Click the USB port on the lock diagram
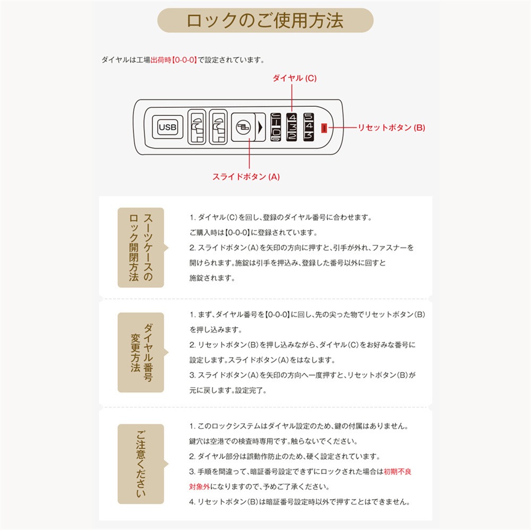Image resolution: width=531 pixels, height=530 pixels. click(168, 127)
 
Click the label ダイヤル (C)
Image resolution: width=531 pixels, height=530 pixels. click(294, 78)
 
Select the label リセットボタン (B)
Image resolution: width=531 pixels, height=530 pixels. click(391, 127)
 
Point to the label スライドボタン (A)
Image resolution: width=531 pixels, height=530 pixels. click(246, 177)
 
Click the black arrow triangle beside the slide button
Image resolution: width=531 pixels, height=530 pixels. click(260, 128)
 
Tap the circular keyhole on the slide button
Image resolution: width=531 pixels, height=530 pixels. click(242, 127)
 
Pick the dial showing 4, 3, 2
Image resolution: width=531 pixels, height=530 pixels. click(293, 127)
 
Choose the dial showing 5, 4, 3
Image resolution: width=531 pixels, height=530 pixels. click(309, 127)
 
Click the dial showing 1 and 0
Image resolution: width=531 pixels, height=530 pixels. click(276, 127)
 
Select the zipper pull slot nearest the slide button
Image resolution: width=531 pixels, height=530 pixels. click(217, 127)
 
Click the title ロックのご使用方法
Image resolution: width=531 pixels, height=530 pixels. click(265, 20)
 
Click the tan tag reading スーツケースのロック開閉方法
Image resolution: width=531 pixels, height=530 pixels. click(141, 247)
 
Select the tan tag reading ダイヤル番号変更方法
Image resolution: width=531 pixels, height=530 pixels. click(141, 352)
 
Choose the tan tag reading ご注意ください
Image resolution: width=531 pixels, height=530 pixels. click(141, 464)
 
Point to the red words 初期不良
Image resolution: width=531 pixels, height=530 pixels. click(397, 471)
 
